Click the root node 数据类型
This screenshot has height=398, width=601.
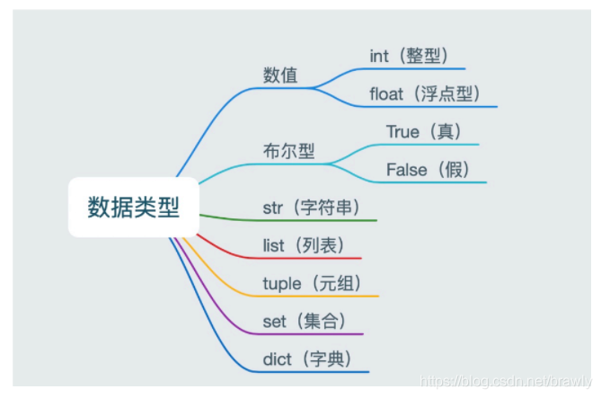coord(133,208)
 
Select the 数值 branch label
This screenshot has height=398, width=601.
coord(280,75)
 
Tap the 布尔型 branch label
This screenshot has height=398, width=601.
coord(288,151)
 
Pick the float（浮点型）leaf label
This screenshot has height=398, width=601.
coord(425,93)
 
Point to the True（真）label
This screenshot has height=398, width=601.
coord(424,131)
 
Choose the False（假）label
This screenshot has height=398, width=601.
coord(428,169)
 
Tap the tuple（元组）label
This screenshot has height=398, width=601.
coord(312,284)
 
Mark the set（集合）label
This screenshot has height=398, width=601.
coord(304,322)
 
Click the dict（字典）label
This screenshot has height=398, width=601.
coord(306,359)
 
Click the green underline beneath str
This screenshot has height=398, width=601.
coord(305,220)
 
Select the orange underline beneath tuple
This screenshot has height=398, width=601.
coord(305,296)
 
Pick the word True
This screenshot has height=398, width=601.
coord(402,131)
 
